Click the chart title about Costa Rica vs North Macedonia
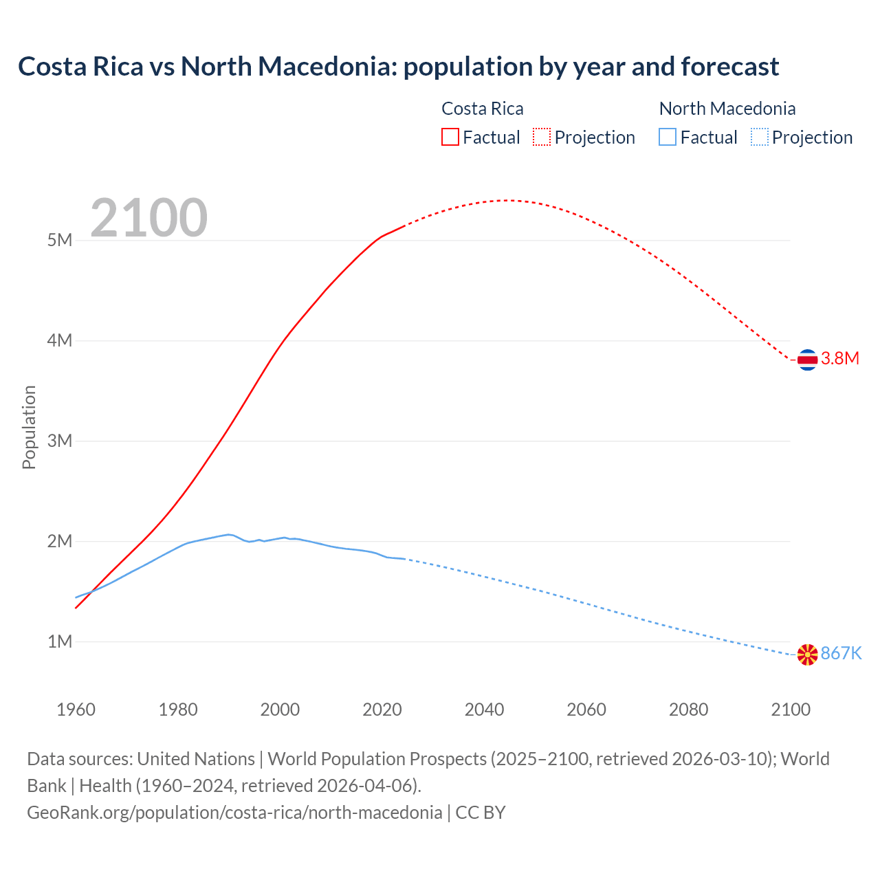coord(398,67)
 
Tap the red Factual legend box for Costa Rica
coord(450,137)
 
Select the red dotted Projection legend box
coord(542,137)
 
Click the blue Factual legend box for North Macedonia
coord(668,137)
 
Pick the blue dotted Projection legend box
coord(760,137)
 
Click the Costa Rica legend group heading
coord(482,109)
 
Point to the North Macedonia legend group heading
coord(727,109)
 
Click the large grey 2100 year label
coord(148,218)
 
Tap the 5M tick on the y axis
coord(60,240)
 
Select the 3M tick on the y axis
coord(60,441)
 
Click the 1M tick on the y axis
coord(60,641)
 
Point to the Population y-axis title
coord(29,427)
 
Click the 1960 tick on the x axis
coord(76,709)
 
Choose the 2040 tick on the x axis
coord(484,709)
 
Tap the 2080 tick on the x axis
coord(688,709)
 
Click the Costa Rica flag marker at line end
coord(807,359)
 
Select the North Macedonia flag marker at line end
coord(807,654)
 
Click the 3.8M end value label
coord(840,358)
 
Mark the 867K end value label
coord(841,653)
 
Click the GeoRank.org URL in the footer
coord(234,813)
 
